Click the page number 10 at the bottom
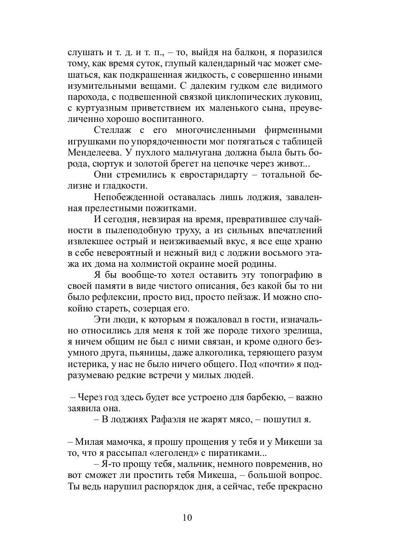[187, 517]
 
